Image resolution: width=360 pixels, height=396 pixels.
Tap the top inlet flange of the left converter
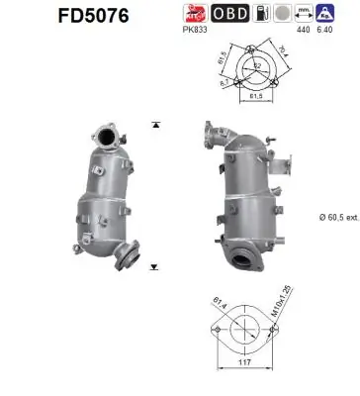[x=104, y=135]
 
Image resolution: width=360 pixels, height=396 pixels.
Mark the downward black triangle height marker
[x=155, y=267]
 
